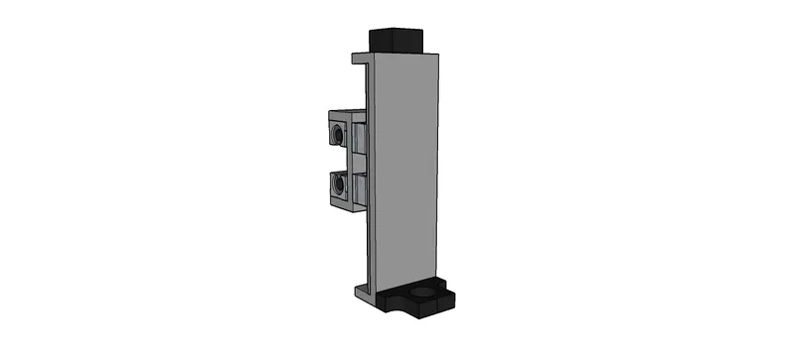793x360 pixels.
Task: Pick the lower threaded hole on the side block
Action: (339, 183)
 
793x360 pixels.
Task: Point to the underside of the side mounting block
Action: (347, 209)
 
